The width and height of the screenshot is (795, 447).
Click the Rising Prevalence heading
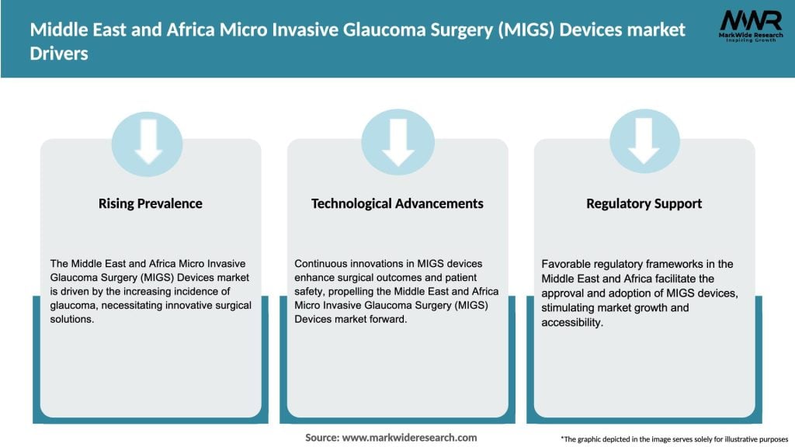point(150,203)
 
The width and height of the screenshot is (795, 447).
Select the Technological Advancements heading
point(397,203)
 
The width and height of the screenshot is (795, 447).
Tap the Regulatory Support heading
point(644,203)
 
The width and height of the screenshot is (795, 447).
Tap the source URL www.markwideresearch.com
point(409,438)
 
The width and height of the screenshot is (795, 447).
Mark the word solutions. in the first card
point(71,320)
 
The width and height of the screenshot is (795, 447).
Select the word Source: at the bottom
point(321,438)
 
